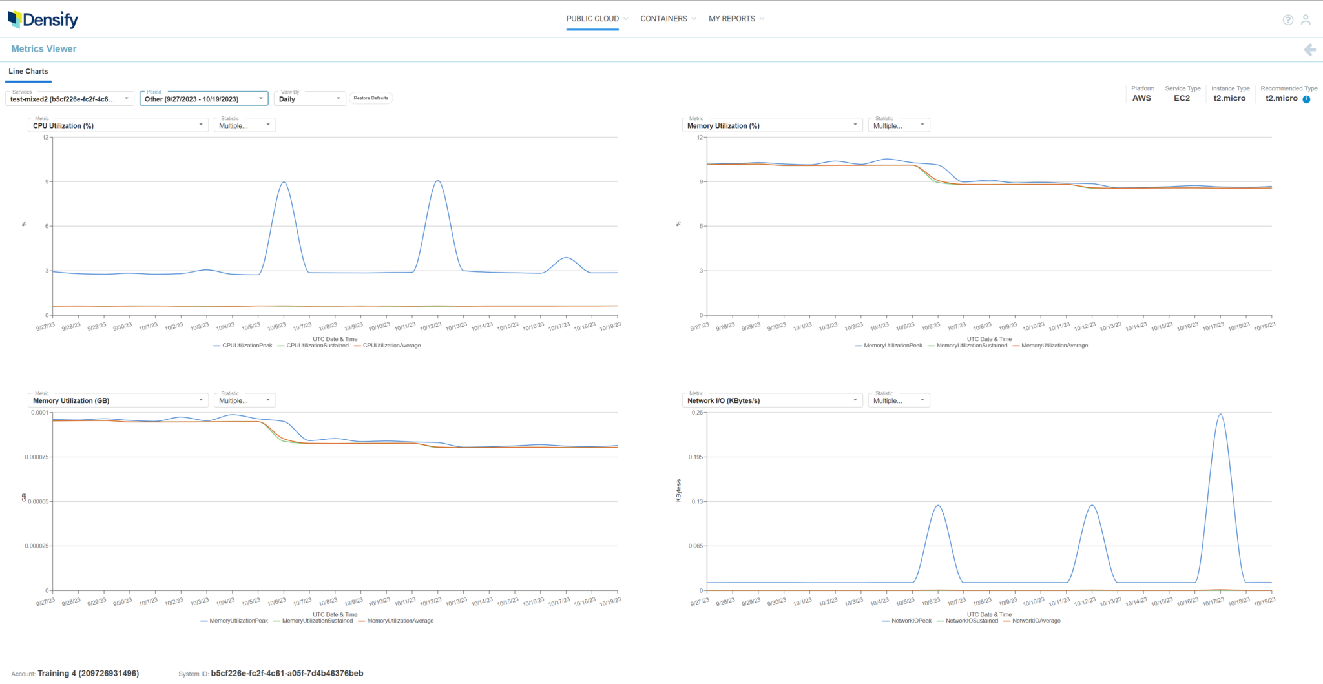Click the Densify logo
point(43,19)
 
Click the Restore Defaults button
point(371,98)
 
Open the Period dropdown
point(203,99)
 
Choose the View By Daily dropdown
point(309,99)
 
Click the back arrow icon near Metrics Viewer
point(1309,50)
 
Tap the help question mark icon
point(1287,20)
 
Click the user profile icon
point(1306,20)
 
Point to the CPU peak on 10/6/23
point(284,182)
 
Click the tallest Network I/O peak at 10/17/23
point(1220,415)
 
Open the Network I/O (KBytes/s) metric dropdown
point(772,400)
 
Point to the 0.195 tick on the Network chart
point(695,457)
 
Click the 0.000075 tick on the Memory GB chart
point(37,457)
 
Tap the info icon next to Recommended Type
point(1306,99)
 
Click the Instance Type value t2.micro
point(1229,98)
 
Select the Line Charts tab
point(28,72)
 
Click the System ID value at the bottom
point(287,673)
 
